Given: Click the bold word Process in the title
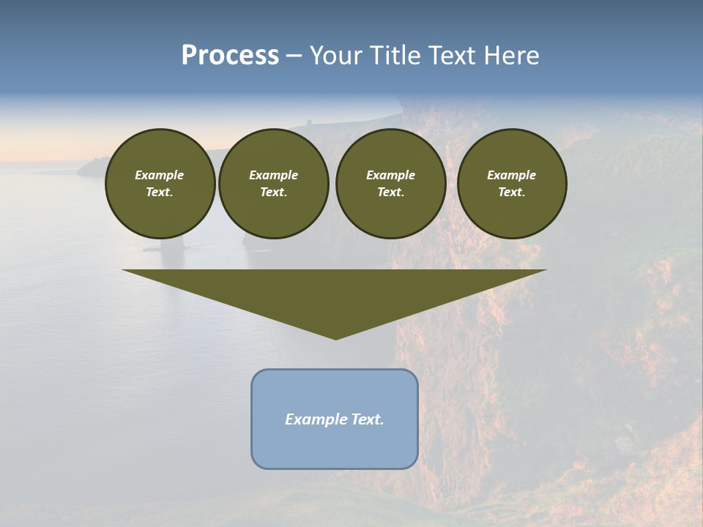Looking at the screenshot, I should [230, 56].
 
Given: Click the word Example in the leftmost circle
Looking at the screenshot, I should [160, 175].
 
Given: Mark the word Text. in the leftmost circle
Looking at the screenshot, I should [160, 192].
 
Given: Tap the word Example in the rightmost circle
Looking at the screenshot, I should [511, 175].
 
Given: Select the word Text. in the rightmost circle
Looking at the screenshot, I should [511, 192].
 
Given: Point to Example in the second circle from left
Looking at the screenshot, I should [273, 175].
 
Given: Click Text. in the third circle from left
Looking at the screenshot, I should [390, 192].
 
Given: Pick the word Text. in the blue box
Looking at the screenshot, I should [367, 419].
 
